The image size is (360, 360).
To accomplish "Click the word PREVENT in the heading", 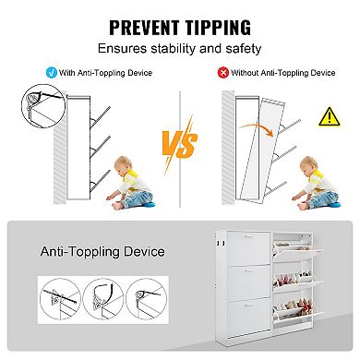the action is pos(144,27).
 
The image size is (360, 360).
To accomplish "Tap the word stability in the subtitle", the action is pos(173,49).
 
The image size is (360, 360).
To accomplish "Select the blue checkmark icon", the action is pos(52,73).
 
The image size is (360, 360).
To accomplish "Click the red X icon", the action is pos(223,73).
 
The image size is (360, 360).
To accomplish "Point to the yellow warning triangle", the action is pos(330,116).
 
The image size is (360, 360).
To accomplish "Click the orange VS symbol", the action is pos(180,144).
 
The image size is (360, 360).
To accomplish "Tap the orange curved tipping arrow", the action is pos(257,128).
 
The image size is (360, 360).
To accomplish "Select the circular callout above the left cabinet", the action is pos(43,106).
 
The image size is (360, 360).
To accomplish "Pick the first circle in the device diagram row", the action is pos(60,299).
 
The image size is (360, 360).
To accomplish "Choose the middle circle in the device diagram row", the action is pos(103,299).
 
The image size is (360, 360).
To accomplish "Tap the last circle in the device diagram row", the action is pos(147,299).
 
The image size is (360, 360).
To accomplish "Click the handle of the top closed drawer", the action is pos(248,236).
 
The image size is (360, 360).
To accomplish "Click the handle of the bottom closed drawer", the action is pos(248,305).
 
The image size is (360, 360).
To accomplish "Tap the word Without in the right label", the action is pos(246,73).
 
